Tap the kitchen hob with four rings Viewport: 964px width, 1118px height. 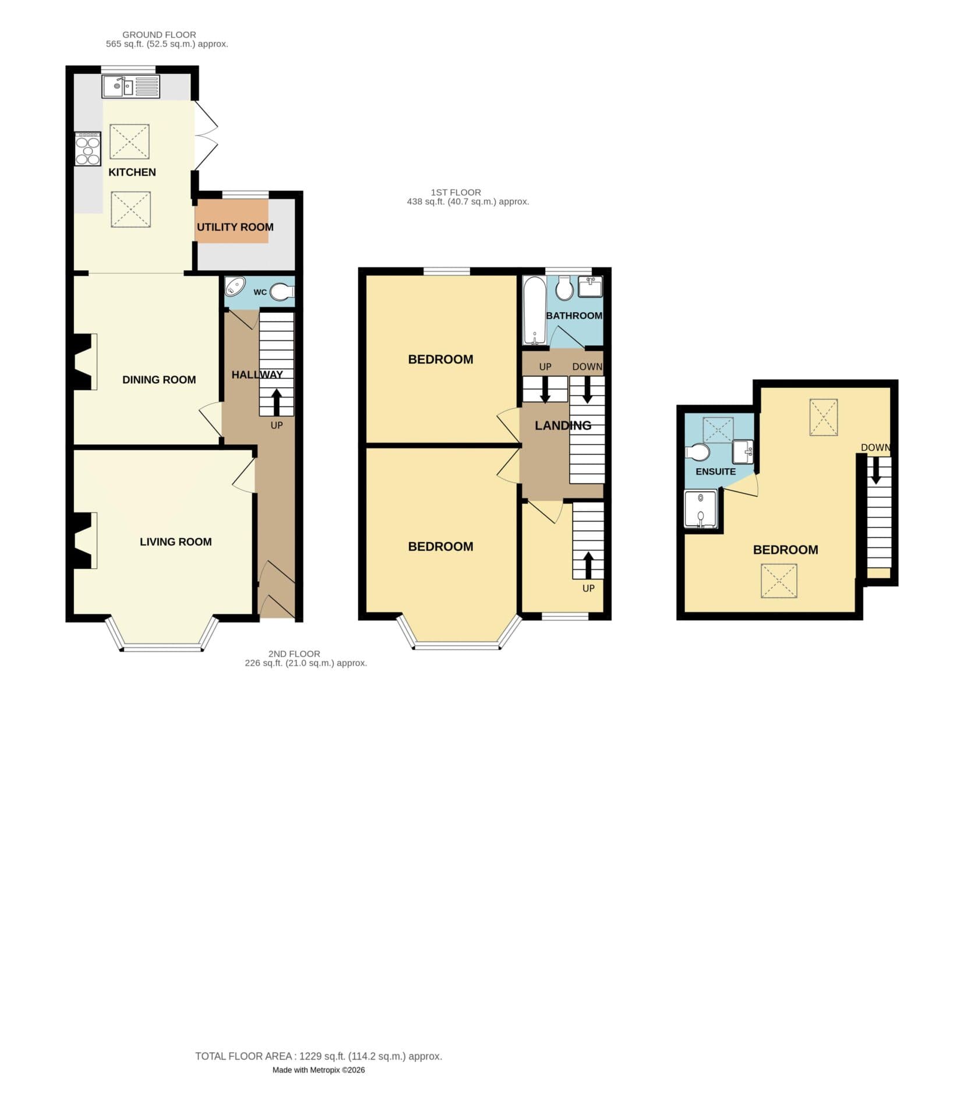[87, 149]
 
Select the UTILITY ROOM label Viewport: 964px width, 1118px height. [235, 227]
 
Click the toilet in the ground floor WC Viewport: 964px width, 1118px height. [282, 292]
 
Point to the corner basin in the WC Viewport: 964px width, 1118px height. [235, 286]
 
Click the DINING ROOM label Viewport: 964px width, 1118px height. [159, 380]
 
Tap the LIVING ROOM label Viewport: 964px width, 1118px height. [175, 542]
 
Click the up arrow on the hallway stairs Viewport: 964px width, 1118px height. [276, 402]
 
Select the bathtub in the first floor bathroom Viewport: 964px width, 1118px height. [534, 310]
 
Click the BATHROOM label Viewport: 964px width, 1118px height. [574, 316]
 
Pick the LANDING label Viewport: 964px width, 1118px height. [563, 426]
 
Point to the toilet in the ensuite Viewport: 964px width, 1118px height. [698, 452]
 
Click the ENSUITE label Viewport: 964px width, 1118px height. [715, 472]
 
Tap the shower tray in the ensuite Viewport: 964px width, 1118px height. [701, 510]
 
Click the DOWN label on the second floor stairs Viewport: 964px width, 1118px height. [875, 447]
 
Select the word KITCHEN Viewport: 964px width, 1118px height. [132, 172]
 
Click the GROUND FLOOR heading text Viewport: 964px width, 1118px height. [159, 35]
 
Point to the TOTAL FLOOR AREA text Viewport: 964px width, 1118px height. [318, 1056]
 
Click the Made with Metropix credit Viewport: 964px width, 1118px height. [318, 1070]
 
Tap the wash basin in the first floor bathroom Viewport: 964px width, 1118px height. [589, 287]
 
